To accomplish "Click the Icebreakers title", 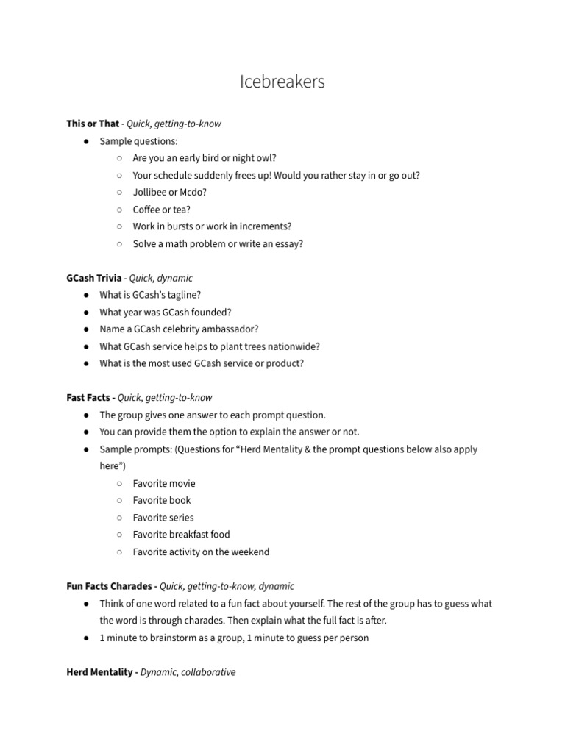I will (x=282, y=82).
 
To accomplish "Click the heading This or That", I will (x=92, y=124).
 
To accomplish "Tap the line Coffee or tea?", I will (x=161, y=210).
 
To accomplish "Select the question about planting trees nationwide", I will (x=210, y=346).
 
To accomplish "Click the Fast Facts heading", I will (x=88, y=398).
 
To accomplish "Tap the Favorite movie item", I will (x=164, y=483).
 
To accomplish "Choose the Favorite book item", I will (x=161, y=500).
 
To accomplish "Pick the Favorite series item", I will (x=163, y=518).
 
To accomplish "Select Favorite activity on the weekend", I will (x=201, y=552).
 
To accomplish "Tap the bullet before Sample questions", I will (x=86, y=141).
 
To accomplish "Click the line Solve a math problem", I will (x=218, y=243).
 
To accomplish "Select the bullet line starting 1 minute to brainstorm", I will (x=234, y=638).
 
